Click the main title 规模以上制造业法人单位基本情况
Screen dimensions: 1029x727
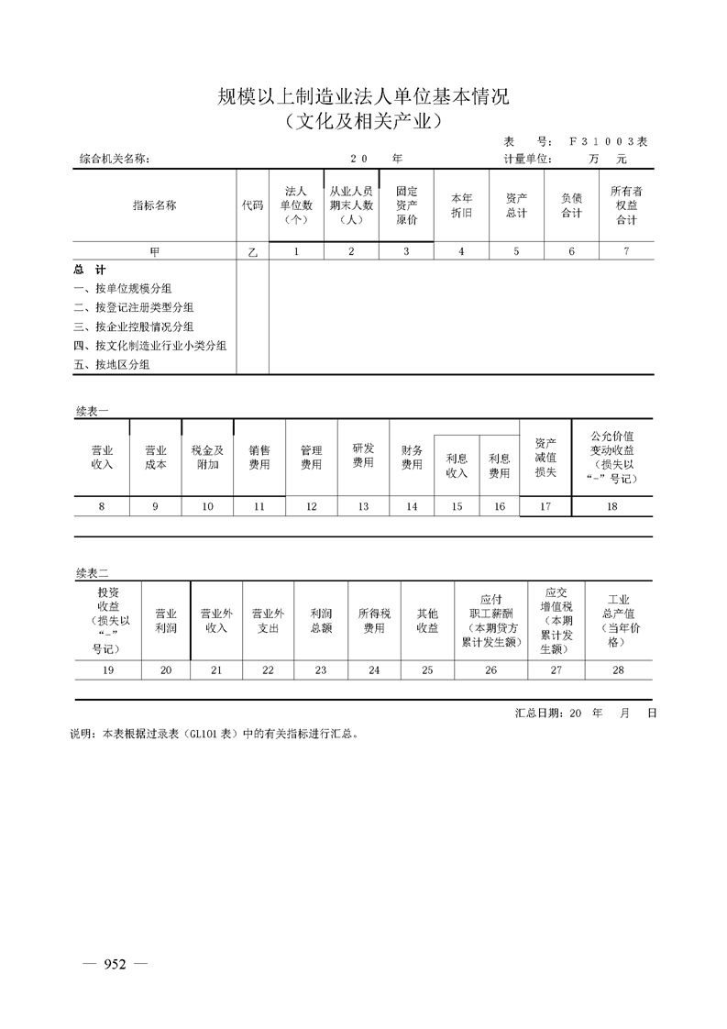(363, 96)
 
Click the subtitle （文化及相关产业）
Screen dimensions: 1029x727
(363, 120)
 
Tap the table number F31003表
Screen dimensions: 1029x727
(608, 142)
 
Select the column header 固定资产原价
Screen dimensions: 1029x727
(406, 205)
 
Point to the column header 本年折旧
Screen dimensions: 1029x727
(461, 205)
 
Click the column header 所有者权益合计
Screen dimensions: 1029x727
(626, 205)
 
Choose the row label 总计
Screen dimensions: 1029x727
(90, 270)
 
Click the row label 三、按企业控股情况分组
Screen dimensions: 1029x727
(134, 326)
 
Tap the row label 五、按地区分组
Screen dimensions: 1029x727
(112, 364)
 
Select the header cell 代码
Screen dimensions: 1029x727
(252, 205)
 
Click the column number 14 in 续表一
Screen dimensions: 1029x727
(412, 506)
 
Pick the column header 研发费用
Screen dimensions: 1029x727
(363, 456)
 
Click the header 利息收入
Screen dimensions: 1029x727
(457, 466)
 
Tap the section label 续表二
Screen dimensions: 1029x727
(92, 572)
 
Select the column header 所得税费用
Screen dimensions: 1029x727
(374, 621)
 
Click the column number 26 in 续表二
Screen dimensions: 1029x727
(491, 670)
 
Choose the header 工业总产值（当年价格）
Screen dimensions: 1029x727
(618, 620)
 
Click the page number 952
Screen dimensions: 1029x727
(115, 963)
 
